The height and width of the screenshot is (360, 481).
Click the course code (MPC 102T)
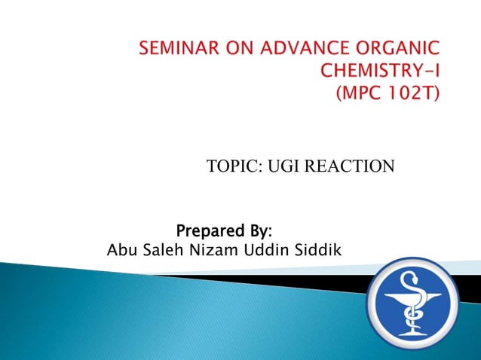(392, 96)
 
